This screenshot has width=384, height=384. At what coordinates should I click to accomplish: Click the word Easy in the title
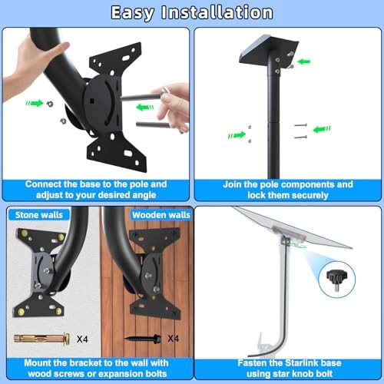point(140,12)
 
